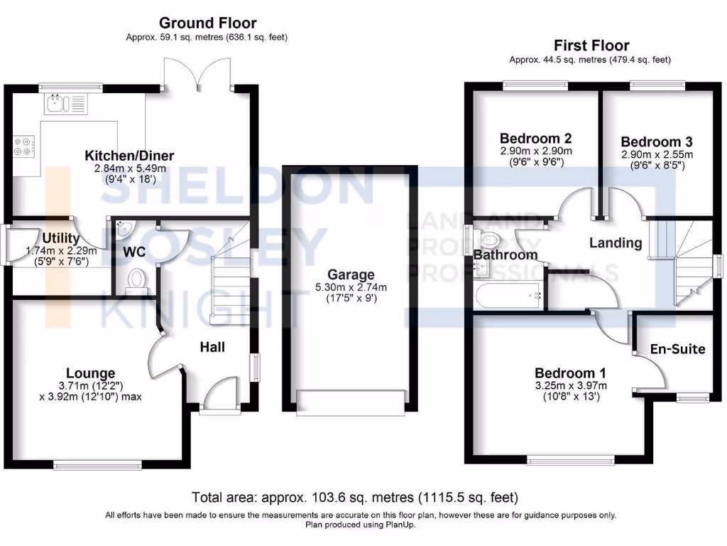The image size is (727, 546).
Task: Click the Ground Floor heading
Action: tap(207, 23)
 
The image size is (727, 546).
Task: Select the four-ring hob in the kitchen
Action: tap(23, 146)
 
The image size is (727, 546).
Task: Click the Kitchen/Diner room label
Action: tap(129, 156)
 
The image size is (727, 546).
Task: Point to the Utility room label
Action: tap(61, 238)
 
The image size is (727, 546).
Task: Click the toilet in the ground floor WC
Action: tap(136, 279)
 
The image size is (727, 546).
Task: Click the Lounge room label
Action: tap(90, 373)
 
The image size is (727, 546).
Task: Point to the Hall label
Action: tap(212, 347)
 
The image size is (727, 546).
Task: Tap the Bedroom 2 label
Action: tap(535, 138)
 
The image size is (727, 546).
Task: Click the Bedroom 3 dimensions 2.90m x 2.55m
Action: tap(656, 154)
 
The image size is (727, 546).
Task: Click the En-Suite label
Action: tap(678, 349)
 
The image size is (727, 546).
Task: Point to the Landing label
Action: tap(616, 242)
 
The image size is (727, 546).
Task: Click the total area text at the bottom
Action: tap(355, 496)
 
